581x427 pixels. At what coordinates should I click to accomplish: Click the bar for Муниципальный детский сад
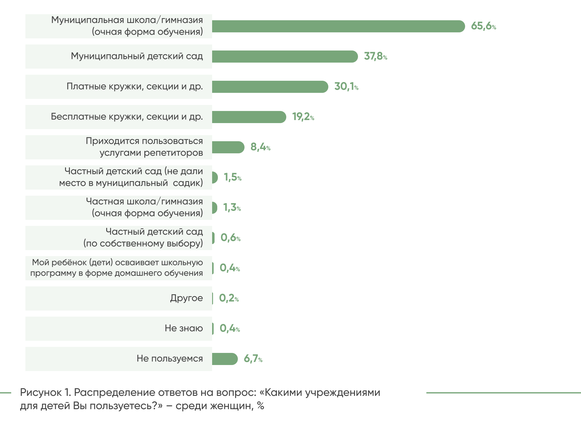pos(284,57)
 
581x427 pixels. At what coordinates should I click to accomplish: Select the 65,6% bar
pos(338,26)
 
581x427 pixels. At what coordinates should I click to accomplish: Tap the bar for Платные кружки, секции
pos(270,87)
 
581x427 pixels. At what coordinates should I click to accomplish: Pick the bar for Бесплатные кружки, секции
pos(249,117)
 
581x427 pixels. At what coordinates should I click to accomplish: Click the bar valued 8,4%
pos(228,147)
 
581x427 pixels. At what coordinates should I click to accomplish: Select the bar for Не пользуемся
pos(225,359)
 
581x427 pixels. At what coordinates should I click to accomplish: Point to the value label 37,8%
pos(375,56)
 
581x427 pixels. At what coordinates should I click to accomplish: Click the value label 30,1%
pos(346,86)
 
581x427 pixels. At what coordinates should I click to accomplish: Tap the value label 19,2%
pos(303,117)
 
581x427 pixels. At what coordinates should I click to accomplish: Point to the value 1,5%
pos(232,177)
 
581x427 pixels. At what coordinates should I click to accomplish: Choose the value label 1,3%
pos(232,207)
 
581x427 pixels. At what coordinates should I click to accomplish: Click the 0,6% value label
pos(230,238)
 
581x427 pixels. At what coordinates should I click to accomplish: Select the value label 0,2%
pos(229,298)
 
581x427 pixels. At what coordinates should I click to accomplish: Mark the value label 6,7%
pos(253,359)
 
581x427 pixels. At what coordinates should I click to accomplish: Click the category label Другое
pos(186,298)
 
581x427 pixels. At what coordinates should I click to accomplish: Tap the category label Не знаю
pos(184,328)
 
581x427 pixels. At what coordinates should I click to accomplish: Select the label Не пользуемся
pos(169,359)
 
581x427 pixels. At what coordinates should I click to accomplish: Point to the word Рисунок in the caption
pos(41,393)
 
